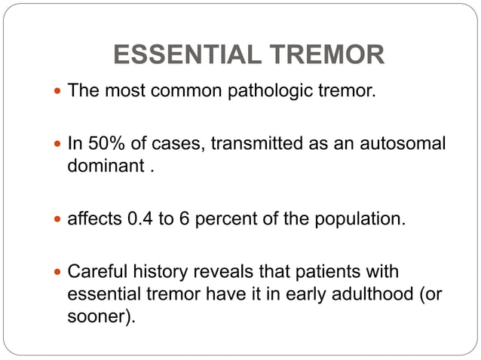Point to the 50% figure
102,143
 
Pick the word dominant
105,165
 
